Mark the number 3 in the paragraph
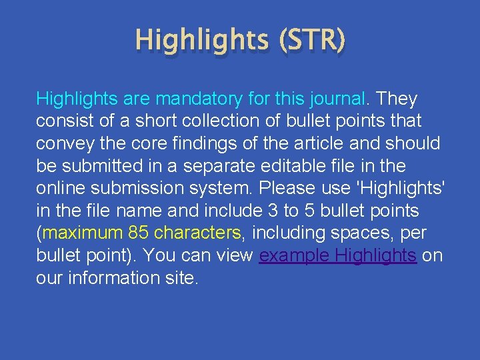(273, 210)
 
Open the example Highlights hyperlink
(338, 255)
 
